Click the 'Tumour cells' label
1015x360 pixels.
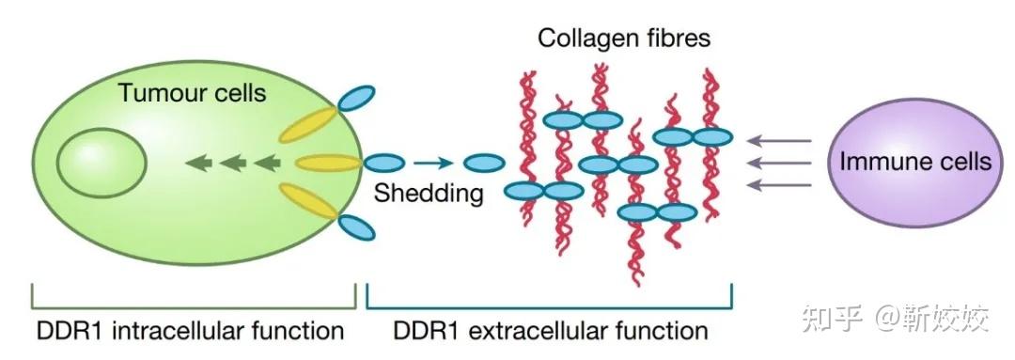coord(192,93)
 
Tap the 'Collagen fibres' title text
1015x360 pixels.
coord(624,39)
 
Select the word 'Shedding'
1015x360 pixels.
coord(429,194)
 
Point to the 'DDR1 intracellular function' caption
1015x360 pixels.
coord(190,330)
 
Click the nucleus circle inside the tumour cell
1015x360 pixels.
coord(101,163)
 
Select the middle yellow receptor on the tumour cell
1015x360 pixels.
coord(329,164)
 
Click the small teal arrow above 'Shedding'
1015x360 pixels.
coord(433,163)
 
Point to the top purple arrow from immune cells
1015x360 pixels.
coord(779,142)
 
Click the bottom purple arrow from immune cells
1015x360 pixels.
coord(779,184)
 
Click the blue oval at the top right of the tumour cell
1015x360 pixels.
coord(356,97)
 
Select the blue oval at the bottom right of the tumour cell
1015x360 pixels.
coord(356,227)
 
